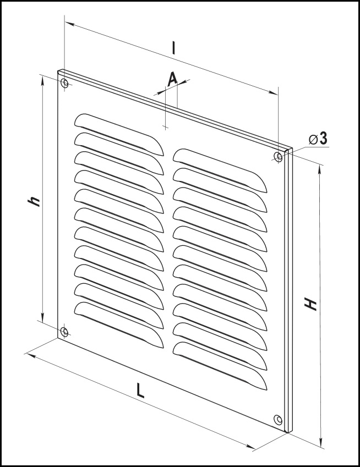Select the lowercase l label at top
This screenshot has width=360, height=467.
coord(173,48)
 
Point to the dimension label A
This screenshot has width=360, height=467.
coord(172,79)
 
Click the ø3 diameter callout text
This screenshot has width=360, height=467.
coord(318,139)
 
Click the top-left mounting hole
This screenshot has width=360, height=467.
coord(64,83)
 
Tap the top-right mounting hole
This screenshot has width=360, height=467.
coord(278,156)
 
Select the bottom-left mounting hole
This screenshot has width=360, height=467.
coord(64,331)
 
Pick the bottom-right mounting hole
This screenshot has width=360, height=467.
coord(278,420)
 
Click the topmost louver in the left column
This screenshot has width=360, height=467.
coord(119,134)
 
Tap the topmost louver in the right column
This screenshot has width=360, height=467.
coord(220,170)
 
